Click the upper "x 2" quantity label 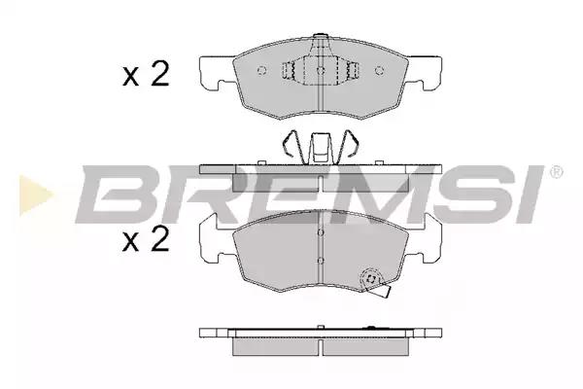click(x=146, y=74)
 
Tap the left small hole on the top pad click(x=261, y=70)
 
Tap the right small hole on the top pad click(x=379, y=70)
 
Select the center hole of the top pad click(x=321, y=70)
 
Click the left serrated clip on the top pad click(x=289, y=70)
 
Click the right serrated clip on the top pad click(x=353, y=70)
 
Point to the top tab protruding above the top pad click(x=320, y=37)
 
